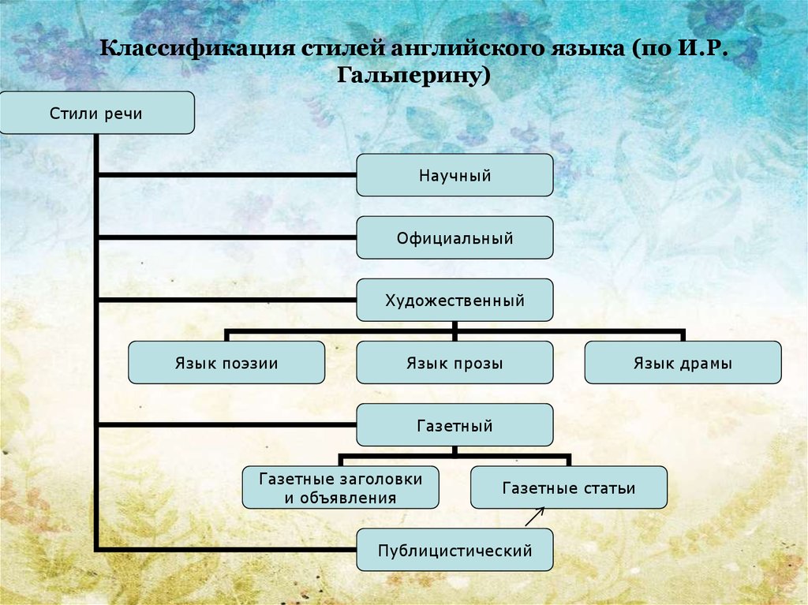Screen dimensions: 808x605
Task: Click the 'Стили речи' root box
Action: (97, 113)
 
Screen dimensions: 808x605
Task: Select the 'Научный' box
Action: (454, 175)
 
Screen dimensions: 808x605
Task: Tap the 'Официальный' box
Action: (454, 237)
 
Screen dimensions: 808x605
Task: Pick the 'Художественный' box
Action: (454, 300)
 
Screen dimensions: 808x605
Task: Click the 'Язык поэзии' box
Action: (226, 362)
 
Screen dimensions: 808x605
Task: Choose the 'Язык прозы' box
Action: (454, 362)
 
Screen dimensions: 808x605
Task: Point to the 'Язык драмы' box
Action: (683, 362)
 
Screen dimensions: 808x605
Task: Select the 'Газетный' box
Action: (454, 425)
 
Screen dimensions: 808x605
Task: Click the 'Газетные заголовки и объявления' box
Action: (341, 487)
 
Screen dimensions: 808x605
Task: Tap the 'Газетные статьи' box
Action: (569, 487)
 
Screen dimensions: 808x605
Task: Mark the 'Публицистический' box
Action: (454, 550)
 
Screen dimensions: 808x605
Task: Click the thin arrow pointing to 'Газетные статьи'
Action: (535, 517)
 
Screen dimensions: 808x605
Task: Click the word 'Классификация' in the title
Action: (197, 48)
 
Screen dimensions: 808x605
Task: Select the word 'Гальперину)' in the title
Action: (413, 76)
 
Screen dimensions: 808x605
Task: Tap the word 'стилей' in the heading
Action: (343, 48)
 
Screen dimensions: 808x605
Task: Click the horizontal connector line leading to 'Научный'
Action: (226, 175)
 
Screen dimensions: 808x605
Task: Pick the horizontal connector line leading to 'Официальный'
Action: (226, 237)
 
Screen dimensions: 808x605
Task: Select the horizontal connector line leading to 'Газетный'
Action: (226, 425)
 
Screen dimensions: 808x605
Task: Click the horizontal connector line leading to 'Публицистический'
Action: (226, 549)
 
